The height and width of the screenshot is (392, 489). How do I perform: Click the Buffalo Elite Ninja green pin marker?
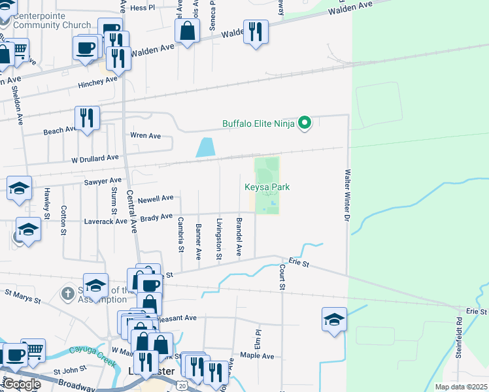304,122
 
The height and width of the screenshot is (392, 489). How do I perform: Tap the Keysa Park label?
267,188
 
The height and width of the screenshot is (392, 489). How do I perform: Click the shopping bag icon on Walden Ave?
187,31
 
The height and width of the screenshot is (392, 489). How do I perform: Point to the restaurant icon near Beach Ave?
87,118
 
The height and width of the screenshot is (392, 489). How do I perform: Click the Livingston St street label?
220,238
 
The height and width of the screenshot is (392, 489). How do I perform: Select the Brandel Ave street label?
239,237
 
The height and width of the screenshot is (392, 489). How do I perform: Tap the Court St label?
282,277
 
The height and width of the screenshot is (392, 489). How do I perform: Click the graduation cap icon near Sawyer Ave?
19,188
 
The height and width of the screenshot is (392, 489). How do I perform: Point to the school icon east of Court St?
333,319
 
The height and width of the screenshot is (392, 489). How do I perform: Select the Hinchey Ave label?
97,82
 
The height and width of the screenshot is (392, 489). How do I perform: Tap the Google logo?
21,384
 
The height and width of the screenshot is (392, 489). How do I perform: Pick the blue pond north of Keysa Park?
205,148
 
